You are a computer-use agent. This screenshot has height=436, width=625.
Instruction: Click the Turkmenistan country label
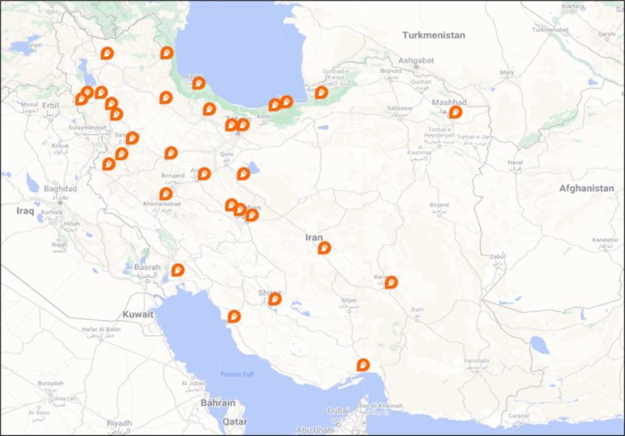[x=434, y=35]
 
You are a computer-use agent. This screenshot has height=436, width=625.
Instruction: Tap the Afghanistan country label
[x=586, y=188]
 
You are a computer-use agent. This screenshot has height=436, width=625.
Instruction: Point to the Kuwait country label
[x=138, y=314]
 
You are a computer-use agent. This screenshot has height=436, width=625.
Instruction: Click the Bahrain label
[x=217, y=403]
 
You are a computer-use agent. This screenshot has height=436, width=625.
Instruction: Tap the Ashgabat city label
[x=416, y=60]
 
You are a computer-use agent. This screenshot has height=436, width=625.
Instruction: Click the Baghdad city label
[x=59, y=189]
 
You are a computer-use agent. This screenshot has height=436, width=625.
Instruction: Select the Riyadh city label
[x=118, y=423]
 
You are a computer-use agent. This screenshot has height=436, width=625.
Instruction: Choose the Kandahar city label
[x=605, y=240]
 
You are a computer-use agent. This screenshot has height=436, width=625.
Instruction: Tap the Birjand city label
[x=439, y=205]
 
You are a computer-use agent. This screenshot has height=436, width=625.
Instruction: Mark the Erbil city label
[x=50, y=105]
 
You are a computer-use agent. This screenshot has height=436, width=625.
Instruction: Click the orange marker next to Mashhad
[x=455, y=112]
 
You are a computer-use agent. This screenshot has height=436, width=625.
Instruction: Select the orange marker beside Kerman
[x=391, y=282]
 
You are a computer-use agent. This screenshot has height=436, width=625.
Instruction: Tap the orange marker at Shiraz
[x=275, y=299]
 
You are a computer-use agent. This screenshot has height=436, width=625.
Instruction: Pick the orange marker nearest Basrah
[x=177, y=270]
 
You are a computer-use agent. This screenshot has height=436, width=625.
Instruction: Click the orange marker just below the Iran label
[x=325, y=247]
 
